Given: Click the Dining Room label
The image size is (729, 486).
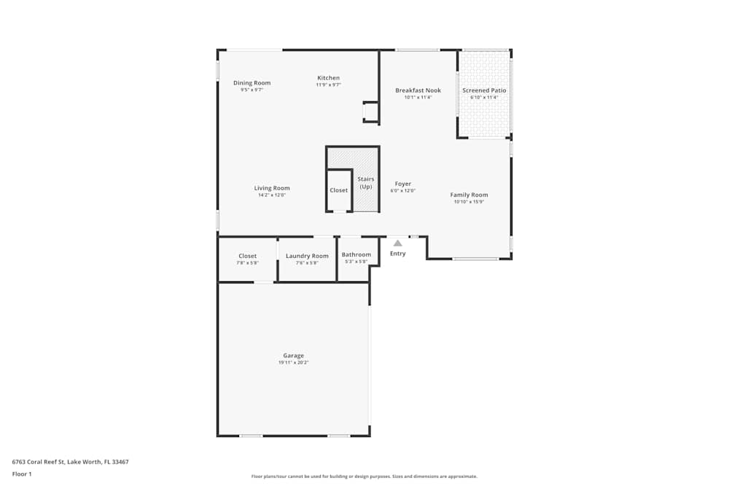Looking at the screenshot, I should pyautogui.click(x=252, y=83).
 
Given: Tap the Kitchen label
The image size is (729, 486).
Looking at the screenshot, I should pyautogui.click(x=328, y=78).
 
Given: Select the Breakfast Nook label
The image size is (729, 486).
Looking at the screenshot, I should pyautogui.click(x=418, y=90).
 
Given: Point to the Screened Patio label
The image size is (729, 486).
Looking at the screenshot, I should pyautogui.click(x=484, y=90).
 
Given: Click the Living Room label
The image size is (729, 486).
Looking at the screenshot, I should pyautogui.click(x=272, y=188).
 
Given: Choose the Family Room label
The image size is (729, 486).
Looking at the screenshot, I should pyautogui.click(x=469, y=195).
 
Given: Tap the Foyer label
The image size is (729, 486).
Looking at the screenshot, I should pyautogui.click(x=403, y=184).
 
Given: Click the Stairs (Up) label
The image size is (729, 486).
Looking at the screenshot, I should pyautogui.click(x=365, y=183).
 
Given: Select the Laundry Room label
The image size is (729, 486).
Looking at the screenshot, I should pyautogui.click(x=307, y=256).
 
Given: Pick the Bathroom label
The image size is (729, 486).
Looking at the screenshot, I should pyautogui.click(x=356, y=255).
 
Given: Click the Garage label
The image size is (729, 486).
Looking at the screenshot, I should pyautogui.click(x=294, y=356).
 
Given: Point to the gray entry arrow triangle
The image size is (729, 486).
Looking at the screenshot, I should pyautogui.click(x=397, y=243).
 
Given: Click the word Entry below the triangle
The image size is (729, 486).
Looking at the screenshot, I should pyautogui.click(x=397, y=254).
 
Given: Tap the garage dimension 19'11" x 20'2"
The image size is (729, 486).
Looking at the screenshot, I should pyautogui.click(x=294, y=363).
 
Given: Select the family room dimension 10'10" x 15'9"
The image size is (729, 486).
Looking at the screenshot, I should pyautogui.click(x=469, y=202).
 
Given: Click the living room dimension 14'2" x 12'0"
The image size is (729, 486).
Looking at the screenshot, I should pyautogui.click(x=272, y=195).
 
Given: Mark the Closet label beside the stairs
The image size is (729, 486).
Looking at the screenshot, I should pyautogui.click(x=339, y=190).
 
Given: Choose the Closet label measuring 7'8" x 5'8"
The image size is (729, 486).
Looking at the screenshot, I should pyautogui.click(x=247, y=256).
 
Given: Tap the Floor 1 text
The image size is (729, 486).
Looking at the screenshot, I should pyautogui.click(x=22, y=474).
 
